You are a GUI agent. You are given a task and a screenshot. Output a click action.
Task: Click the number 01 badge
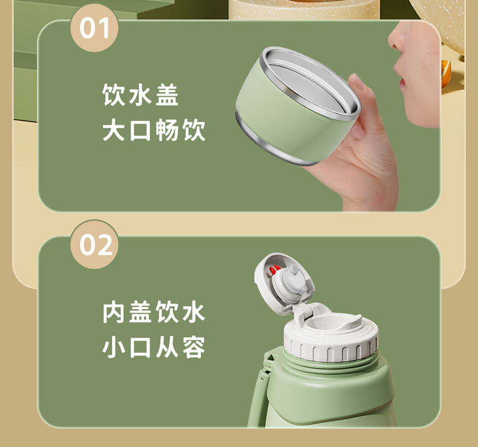click(x=94, y=28)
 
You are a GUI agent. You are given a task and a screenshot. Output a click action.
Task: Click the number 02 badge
click(x=94, y=245)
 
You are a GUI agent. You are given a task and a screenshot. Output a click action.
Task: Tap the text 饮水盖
click(x=140, y=95)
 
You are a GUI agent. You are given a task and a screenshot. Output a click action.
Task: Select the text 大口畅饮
click(x=154, y=130)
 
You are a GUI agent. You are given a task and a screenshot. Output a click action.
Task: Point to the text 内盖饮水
click(x=154, y=312)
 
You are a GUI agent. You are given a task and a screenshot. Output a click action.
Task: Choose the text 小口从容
click(x=154, y=347)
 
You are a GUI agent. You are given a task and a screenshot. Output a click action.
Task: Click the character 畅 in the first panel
click(x=167, y=130)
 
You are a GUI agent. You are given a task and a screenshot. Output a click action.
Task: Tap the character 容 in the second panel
click(x=194, y=347)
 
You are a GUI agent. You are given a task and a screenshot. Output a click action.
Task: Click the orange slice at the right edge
click(x=446, y=73)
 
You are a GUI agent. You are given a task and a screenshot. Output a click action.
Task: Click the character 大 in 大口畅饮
click(x=113, y=130)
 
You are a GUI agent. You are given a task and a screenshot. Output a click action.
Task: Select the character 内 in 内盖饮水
click(x=113, y=312)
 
